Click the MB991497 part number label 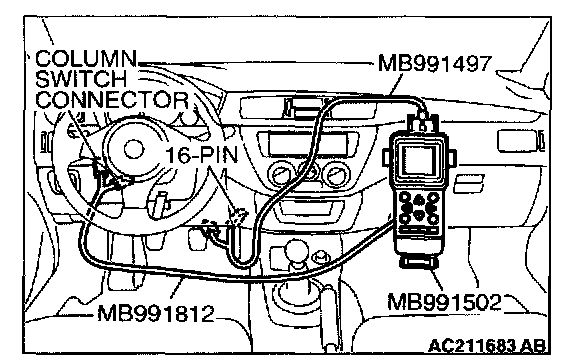pyautogui.click(x=435, y=64)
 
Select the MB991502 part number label pyautogui.click(x=444, y=302)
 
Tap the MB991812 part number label pyautogui.click(x=155, y=314)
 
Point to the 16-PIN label pyautogui.click(x=202, y=155)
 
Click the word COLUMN pyautogui.click(x=86, y=58)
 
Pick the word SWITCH pyautogui.click(x=81, y=79)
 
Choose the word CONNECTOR pyautogui.click(x=112, y=100)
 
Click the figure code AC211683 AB pyautogui.click(x=487, y=346)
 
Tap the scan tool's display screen pyautogui.click(x=418, y=160)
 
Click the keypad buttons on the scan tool pyautogui.click(x=418, y=208)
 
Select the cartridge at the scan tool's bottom pyautogui.click(x=418, y=263)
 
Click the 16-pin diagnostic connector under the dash pyautogui.click(x=238, y=215)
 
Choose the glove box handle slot pyautogui.click(x=468, y=184)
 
